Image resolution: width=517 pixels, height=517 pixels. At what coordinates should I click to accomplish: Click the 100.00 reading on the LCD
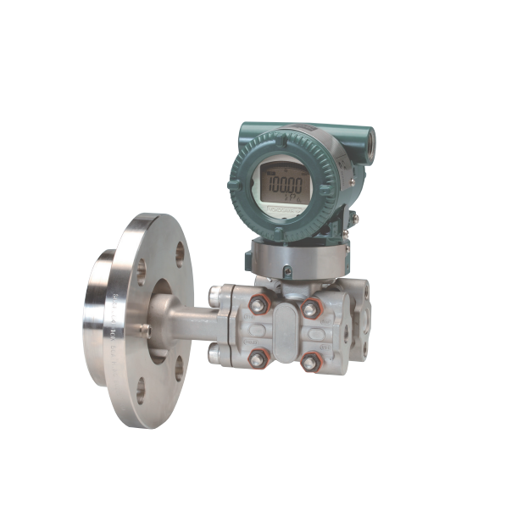(283, 181)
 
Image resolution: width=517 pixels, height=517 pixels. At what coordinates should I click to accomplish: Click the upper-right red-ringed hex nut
(311, 308)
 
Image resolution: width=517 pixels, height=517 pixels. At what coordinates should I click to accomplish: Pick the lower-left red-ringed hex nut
(257, 359)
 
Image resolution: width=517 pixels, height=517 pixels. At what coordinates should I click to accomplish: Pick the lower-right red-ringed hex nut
(310, 363)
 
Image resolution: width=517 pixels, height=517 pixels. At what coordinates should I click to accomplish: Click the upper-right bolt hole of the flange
(180, 252)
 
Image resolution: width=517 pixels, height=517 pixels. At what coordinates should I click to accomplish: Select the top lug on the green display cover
(285, 130)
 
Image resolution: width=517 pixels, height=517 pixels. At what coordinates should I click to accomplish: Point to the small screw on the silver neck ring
(287, 272)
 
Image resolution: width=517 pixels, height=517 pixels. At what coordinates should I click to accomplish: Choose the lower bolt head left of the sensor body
(215, 354)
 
